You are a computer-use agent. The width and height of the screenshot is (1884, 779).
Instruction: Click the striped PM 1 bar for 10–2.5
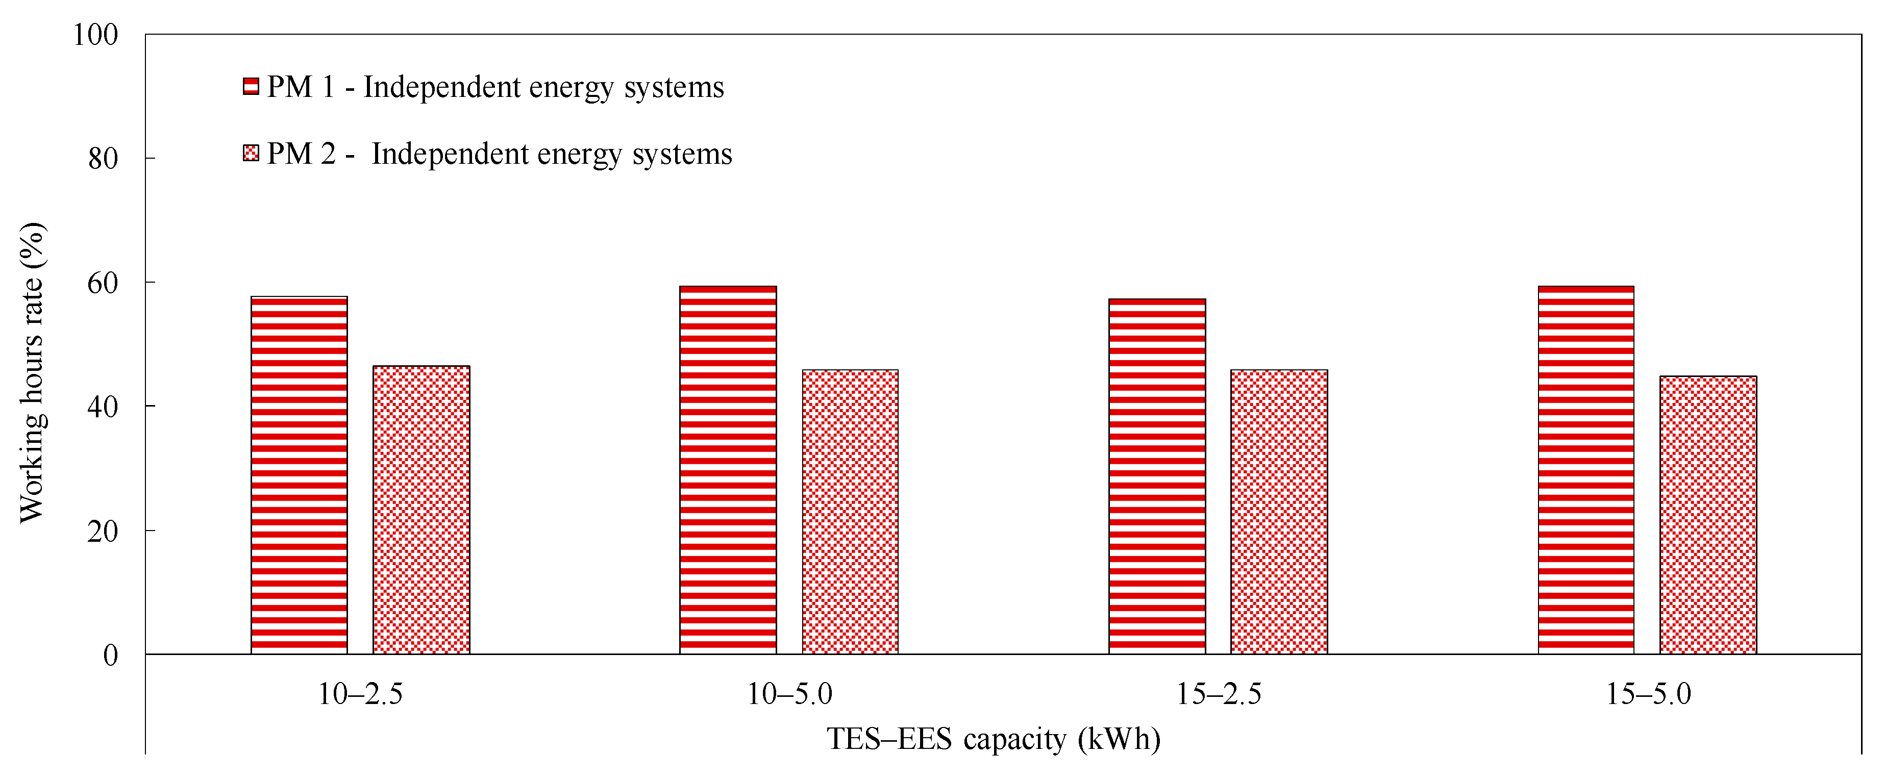click(299, 475)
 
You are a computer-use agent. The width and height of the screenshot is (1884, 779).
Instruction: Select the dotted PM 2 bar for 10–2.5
click(422, 510)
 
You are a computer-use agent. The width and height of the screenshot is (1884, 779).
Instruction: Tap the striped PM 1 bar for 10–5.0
click(728, 470)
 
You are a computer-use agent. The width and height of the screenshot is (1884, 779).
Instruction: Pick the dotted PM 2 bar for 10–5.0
click(850, 512)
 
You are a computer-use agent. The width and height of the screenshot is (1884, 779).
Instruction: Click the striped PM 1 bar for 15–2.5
click(1157, 476)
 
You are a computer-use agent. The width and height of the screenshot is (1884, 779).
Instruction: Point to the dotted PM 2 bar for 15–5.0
click(1708, 515)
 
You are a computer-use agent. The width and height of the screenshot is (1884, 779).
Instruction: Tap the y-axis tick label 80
click(103, 159)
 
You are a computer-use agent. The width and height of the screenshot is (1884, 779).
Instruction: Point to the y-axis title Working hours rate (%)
click(32, 373)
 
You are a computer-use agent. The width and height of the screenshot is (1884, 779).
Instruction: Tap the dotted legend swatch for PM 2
click(251, 154)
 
